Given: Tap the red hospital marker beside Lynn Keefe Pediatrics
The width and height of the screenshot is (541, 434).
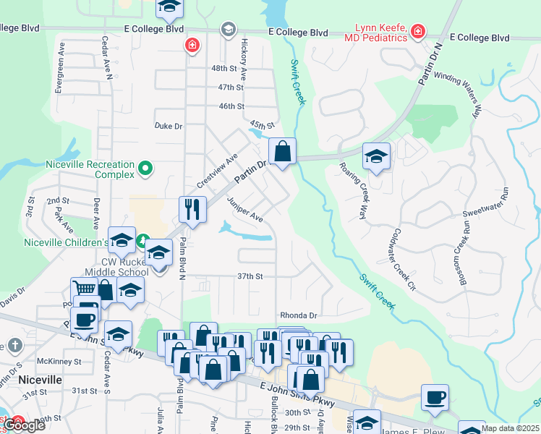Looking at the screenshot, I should [417, 31].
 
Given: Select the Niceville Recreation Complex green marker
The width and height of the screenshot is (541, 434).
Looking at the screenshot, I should [145, 169].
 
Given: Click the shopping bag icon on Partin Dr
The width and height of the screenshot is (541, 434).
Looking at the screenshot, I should [283, 152].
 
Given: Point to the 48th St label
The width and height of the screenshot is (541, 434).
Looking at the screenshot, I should [224, 68].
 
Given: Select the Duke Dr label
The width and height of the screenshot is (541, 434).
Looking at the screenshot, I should [169, 125].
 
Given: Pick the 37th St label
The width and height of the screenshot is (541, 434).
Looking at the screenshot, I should [250, 276].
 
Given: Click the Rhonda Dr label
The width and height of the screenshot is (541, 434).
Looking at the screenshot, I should [299, 315].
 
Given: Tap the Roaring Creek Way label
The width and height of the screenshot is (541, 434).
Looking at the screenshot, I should [354, 191].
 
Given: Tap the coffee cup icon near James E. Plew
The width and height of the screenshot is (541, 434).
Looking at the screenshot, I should [435, 397].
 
